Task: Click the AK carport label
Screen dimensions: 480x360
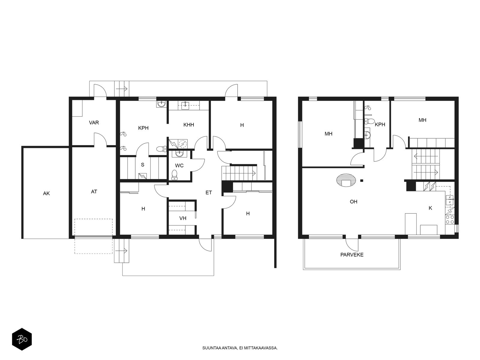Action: click(x=46, y=193)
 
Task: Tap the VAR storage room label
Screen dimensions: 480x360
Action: click(x=94, y=123)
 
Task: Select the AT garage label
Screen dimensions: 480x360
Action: click(x=94, y=192)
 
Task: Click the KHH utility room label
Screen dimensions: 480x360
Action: click(x=188, y=125)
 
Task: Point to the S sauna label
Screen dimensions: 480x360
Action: click(x=142, y=165)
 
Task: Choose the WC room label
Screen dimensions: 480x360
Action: click(x=179, y=166)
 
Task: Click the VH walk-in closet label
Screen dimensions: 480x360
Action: click(x=183, y=218)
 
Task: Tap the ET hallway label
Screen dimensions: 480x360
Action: click(x=208, y=193)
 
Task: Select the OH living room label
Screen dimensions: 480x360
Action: click(x=353, y=202)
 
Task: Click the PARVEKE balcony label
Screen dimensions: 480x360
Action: click(x=352, y=255)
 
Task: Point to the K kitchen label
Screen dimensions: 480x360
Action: click(x=430, y=208)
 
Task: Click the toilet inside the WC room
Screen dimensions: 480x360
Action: click(x=175, y=175)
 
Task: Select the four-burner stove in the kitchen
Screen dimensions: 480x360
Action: click(x=450, y=220)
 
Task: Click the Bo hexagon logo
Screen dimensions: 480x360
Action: click(x=22, y=339)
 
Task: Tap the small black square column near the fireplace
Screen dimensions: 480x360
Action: click(x=362, y=181)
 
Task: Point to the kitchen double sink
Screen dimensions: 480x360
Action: click(x=450, y=200)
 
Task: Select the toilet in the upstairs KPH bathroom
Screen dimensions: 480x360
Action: click(x=369, y=121)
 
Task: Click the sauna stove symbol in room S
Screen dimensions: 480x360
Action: click(x=143, y=176)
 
